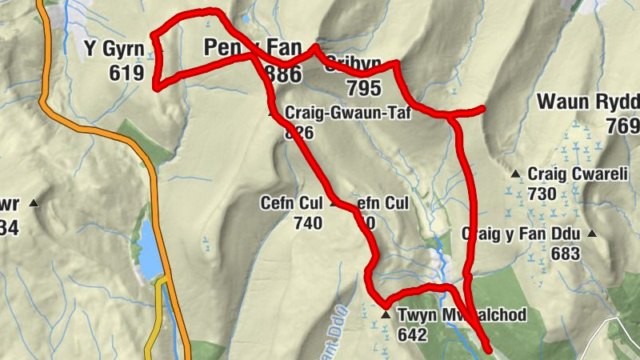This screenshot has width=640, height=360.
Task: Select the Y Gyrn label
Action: pos(114,50)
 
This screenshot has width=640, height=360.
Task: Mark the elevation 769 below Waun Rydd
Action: pos(622,126)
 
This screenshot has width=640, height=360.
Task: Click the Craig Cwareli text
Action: pos(567,174)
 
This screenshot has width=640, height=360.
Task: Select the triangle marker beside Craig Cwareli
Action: pos(517,174)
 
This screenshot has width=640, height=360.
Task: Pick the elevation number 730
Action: pos(542,194)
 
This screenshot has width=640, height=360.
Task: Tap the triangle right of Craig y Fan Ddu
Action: pos(592,234)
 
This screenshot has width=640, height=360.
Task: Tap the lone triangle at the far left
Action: pos(33,205)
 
